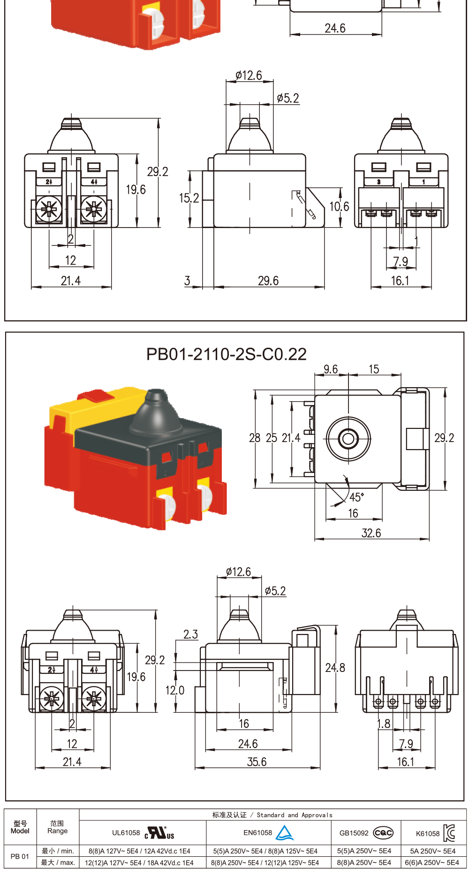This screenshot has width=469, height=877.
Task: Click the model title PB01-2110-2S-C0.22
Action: (227, 354)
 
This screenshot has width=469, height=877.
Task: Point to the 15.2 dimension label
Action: (189, 198)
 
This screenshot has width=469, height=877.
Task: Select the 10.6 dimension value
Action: (339, 206)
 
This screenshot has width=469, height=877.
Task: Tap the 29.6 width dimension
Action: (268, 281)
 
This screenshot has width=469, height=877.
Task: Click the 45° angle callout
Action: (356, 497)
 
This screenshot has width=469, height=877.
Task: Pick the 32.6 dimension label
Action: (371, 533)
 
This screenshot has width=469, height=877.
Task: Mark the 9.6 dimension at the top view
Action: (331, 369)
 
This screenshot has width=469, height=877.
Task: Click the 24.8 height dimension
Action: (335, 668)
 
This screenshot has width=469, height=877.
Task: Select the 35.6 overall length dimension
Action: (257, 762)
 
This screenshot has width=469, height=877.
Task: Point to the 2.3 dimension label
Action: (190, 634)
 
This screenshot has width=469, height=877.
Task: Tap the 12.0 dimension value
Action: (175, 690)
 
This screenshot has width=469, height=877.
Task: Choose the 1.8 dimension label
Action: (384, 724)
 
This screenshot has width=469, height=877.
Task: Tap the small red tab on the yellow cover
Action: (96, 395)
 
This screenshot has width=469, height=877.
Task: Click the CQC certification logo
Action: (383, 833)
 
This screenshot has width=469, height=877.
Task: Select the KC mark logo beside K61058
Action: (449, 833)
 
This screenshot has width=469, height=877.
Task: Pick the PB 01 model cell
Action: (20, 856)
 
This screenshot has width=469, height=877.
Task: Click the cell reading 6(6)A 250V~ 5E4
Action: (432, 862)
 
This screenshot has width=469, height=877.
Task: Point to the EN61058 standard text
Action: (257, 832)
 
